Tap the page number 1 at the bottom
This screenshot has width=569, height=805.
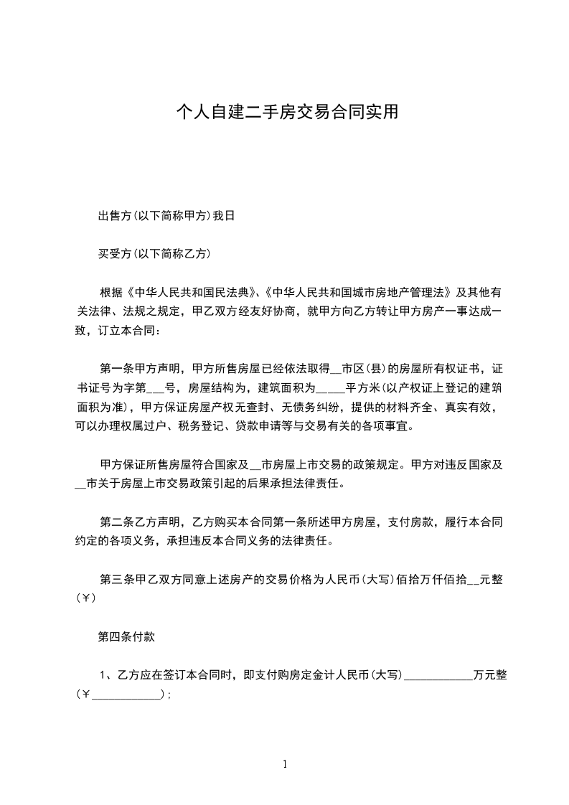click(285, 764)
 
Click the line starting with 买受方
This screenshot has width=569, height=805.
click(154, 253)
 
